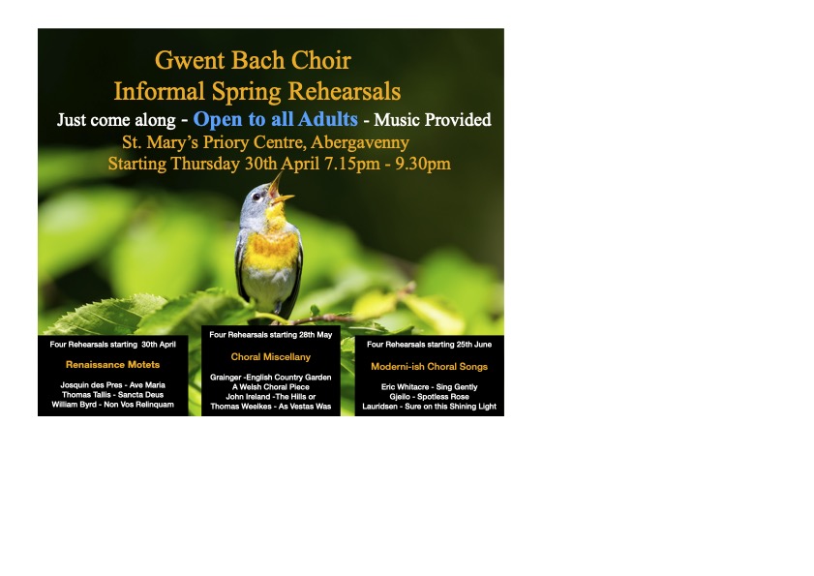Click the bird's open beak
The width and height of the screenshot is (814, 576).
click(280, 190)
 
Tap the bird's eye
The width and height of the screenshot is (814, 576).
click(256, 197)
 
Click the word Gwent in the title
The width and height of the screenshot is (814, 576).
click(190, 60)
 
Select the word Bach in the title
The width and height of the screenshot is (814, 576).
click(258, 60)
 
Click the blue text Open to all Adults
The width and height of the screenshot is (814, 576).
click(275, 119)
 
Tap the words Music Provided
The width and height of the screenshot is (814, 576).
click(433, 120)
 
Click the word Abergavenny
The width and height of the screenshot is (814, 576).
click(360, 143)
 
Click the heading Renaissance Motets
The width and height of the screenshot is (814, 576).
click(112, 365)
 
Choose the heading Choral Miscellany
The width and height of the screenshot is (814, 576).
click(270, 357)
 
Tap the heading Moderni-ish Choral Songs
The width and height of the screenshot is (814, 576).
click(430, 367)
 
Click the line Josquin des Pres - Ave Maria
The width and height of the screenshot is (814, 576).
click(112, 385)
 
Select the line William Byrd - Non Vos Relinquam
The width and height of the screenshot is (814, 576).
click(112, 405)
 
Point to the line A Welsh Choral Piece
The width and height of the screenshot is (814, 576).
click(270, 387)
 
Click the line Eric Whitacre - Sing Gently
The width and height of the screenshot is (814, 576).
click(430, 387)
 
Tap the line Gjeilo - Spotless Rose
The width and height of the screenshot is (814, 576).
click(430, 397)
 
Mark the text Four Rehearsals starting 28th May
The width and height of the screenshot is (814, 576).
click(270, 335)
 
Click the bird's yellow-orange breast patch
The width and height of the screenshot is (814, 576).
click(271, 251)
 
